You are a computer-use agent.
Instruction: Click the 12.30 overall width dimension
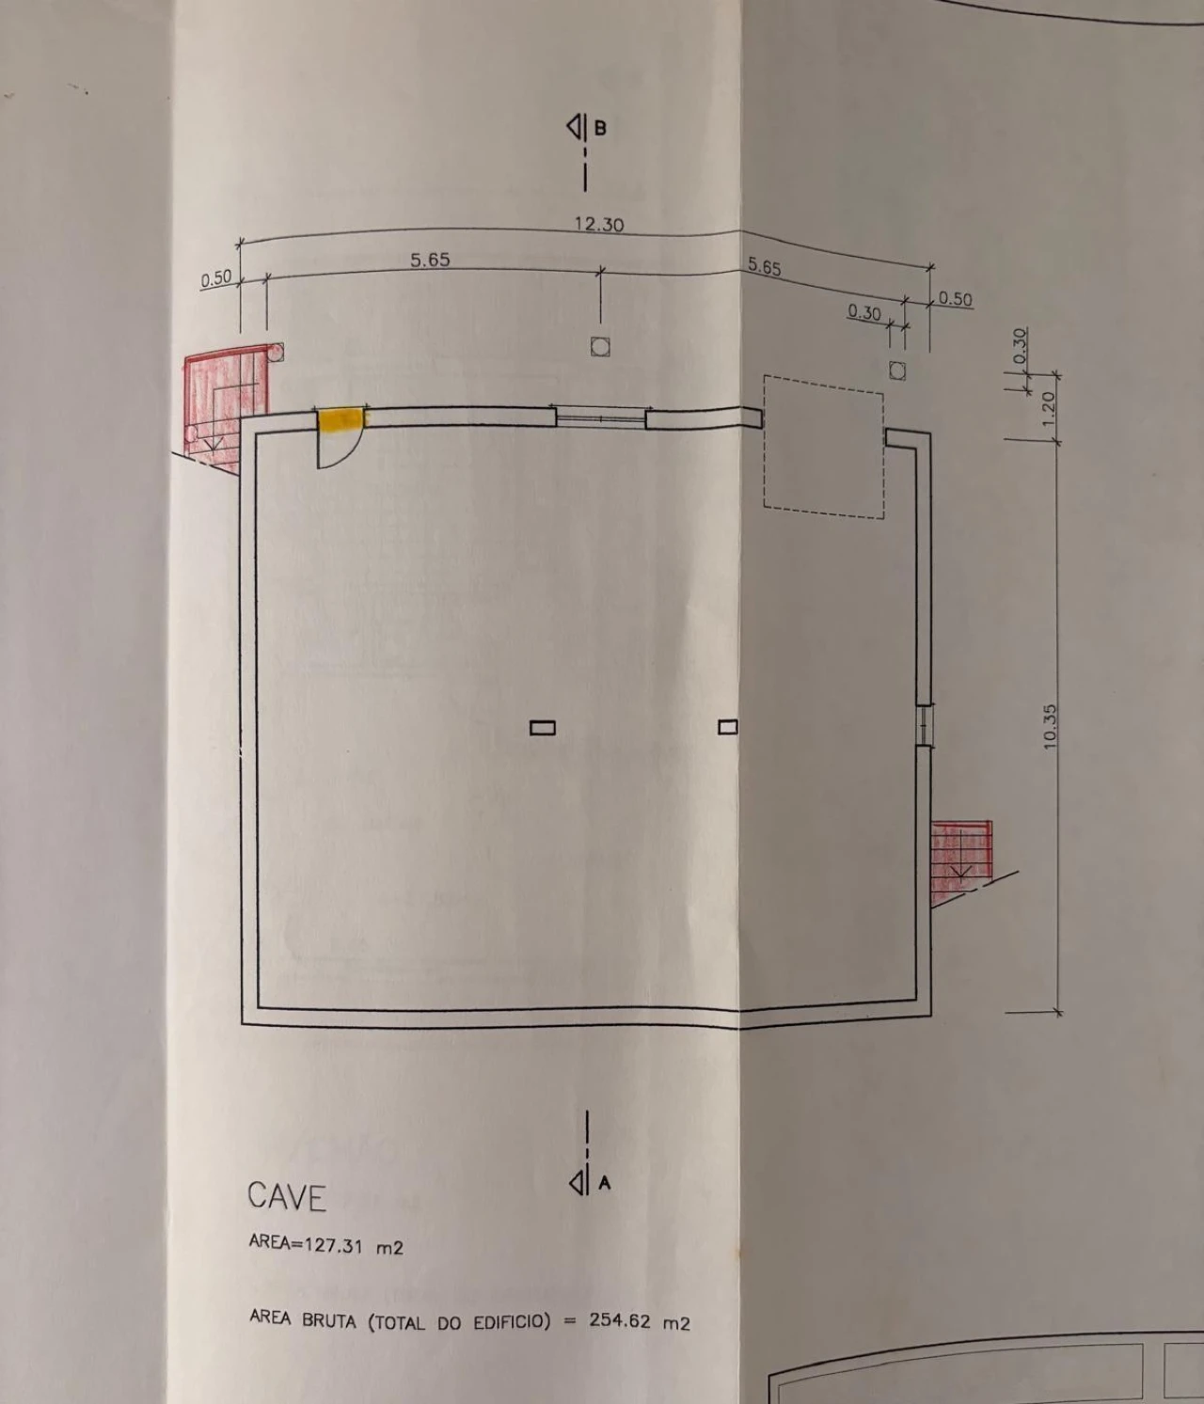coord(599,225)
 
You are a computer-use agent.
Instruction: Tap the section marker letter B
coord(600,127)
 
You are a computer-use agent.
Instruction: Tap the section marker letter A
coord(604,1183)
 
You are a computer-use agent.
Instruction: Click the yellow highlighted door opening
coord(341,419)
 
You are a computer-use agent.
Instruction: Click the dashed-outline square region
coord(823,447)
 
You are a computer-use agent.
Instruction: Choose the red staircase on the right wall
coord(960,863)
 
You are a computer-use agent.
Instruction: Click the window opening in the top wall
coord(600,417)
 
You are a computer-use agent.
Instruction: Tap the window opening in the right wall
coord(924,724)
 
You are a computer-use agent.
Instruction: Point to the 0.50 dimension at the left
coord(216,279)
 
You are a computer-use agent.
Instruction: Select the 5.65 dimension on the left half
coord(430,260)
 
